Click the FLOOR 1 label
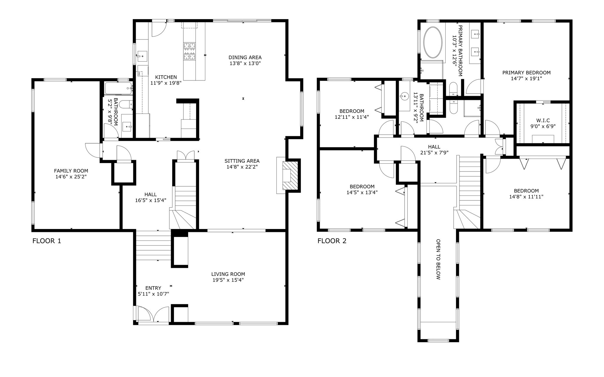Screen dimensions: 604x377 47,241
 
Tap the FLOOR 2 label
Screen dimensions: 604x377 332,241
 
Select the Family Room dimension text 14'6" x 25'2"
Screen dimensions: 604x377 71,177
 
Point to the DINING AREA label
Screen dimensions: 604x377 245,57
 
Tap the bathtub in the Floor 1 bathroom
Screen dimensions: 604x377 118,88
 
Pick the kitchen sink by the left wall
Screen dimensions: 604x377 142,55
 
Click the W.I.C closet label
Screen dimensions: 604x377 543,121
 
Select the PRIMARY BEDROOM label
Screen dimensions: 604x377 526,73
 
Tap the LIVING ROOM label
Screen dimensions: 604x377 228,274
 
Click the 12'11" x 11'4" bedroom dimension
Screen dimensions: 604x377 352,117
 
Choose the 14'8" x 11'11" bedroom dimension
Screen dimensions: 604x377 526,197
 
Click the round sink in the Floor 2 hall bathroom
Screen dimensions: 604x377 404,96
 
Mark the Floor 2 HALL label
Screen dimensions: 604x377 434,147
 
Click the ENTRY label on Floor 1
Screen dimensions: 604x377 153,288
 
